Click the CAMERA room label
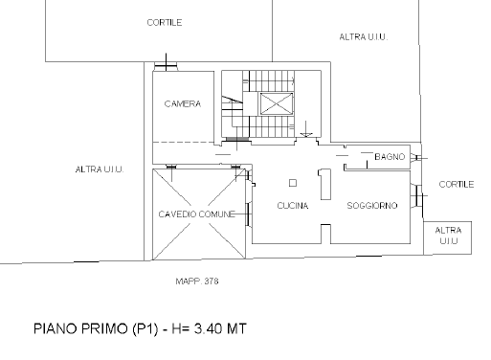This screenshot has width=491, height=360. [183, 103]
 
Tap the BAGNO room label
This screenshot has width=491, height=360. [390, 157]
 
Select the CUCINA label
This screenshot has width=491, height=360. [293, 206]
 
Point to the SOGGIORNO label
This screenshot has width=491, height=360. [372, 206]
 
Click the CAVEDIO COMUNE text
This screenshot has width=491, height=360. [196, 214]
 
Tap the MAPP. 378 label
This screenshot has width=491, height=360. [197, 281]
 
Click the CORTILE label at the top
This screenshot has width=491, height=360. [165, 22]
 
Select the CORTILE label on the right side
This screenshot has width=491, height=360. [457, 184]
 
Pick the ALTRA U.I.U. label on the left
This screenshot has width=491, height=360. [100, 169]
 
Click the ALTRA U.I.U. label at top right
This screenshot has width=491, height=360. [364, 37]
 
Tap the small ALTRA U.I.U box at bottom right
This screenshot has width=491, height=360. [448, 238]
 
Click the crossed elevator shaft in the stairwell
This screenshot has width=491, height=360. [277, 103]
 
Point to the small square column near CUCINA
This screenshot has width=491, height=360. [293, 183]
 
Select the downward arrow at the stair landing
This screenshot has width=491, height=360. [306, 129]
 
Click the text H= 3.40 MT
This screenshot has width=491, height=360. [209, 328]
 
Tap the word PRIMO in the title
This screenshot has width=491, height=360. [104, 328]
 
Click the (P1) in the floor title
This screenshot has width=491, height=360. [145, 329]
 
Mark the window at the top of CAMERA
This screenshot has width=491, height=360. [166, 66]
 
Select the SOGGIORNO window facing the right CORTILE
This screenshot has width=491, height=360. [418, 195]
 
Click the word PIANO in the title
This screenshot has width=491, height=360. [56, 328]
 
